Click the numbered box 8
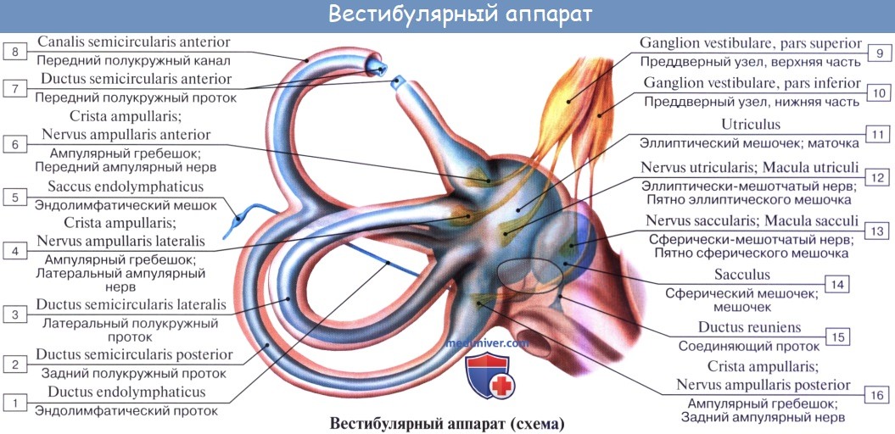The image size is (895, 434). pos(14,53)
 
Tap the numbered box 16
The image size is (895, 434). pos(878,395)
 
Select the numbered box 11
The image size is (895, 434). pos(878,134)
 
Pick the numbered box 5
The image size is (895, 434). pos(14,198)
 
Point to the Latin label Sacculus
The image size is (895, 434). pos(741,275)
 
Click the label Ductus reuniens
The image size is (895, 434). pos(749,327)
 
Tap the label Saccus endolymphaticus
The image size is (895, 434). pos(126,186)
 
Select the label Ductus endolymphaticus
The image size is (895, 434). pos(126,392)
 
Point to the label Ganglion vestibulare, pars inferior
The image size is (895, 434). pos(752,83)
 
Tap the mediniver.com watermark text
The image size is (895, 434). pos(487,343)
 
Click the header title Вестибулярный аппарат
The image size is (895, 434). pos(448,14)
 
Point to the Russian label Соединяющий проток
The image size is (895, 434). pos(749,346)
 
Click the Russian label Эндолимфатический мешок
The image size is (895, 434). pos(126,205)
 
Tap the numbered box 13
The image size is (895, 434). pos(878,231)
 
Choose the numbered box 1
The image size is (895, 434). pos(14,403)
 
